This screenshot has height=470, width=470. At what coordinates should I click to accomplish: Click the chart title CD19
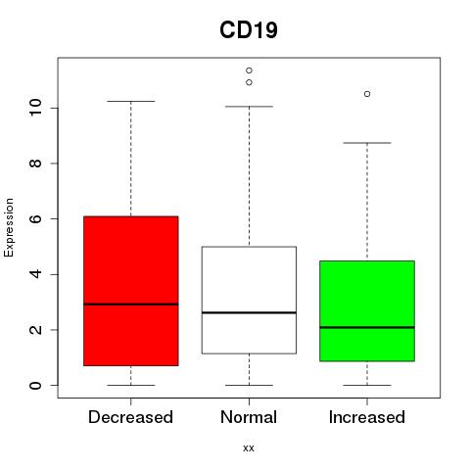[249, 30]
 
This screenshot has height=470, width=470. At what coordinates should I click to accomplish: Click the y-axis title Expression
[9, 227]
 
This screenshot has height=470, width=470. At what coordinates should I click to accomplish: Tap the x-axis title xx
[249, 447]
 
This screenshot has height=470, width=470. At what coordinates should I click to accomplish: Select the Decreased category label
[130, 417]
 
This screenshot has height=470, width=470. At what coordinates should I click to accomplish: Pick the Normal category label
[249, 417]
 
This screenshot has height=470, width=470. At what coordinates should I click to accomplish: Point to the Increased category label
[367, 417]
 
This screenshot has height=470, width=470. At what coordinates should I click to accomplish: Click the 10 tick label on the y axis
[36, 108]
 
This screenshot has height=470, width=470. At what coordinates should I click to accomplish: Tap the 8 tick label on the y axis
[36, 164]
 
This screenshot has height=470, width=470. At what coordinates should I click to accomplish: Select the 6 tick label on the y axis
[36, 218]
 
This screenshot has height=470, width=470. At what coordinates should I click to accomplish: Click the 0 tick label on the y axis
[36, 385]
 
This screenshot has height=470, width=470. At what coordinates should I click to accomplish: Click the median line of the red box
[131, 305]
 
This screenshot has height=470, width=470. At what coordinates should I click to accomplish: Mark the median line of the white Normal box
[249, 312]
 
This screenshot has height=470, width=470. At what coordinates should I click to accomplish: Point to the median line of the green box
[367, 327]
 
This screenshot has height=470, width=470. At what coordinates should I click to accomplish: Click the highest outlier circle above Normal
[249, 70]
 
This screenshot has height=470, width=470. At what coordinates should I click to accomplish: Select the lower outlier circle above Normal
[249, 82]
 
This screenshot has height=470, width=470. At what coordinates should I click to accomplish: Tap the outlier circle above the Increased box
[367, 94]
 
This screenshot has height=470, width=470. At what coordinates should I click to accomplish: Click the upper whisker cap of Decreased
[131, 101]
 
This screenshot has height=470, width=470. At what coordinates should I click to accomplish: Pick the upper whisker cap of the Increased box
[367, 143]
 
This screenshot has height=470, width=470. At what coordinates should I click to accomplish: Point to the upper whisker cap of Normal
[249, 107]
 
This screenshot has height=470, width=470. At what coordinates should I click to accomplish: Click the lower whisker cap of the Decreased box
[131, 385]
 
